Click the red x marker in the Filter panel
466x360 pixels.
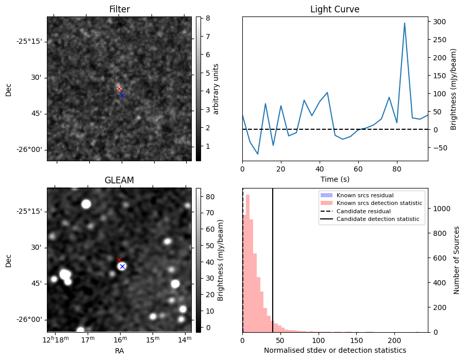pos(119,89)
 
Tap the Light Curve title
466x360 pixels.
pos(335,9)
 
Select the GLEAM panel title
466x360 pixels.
pos(119,180)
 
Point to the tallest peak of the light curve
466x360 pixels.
pos(405,23)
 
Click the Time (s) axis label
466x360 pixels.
pos(335,179)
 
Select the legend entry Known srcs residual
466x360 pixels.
pos(365,195)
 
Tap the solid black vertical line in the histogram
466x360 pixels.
pos(273,258)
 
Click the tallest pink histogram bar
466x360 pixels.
pos(248,263)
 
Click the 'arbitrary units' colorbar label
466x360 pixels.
pos(216,89)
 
